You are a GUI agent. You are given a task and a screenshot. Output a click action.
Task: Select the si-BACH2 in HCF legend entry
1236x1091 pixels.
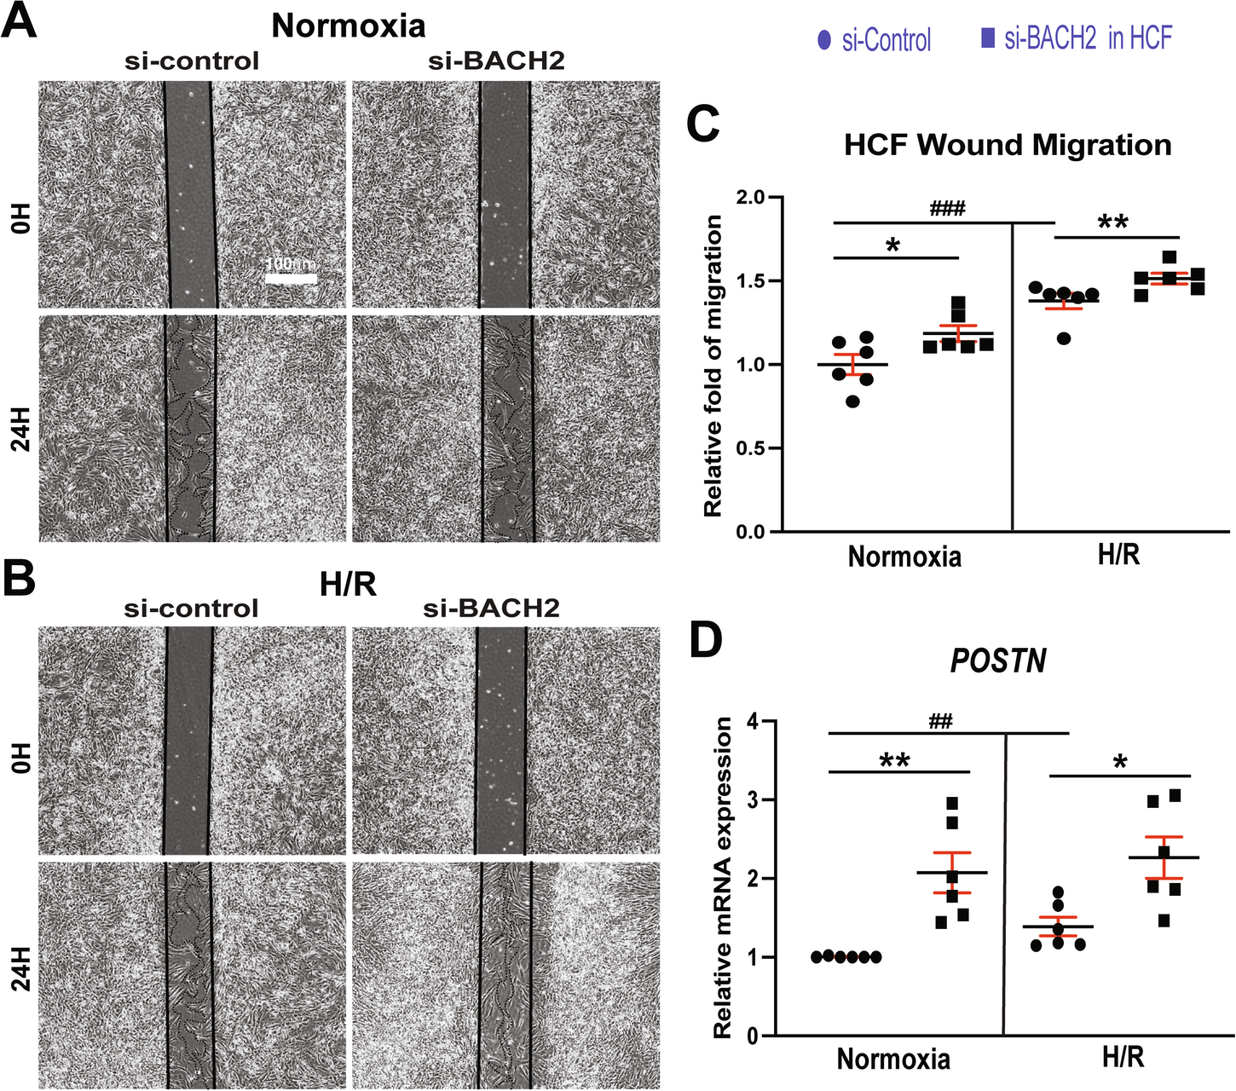(x=1077, y=38)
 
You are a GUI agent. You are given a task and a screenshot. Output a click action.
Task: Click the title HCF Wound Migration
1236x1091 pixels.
(x=1008, y=145)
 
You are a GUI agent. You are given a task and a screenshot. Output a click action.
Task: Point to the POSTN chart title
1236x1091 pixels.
(x=998, y=661)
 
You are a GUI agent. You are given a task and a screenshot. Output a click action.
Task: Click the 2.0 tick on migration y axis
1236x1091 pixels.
(x=754, y=198)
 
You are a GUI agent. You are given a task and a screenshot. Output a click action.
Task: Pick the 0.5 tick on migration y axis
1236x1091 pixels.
(x=754, y=448)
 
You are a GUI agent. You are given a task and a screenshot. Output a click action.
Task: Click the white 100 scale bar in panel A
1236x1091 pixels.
(x=290, y=278)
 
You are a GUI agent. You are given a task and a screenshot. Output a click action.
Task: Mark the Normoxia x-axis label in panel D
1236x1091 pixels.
(x=893, y=1059)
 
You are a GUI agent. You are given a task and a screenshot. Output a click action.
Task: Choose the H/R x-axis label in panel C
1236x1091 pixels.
(x=1118, y=556)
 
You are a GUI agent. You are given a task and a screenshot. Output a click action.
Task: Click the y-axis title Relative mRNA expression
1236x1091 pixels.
(x=723, y=878)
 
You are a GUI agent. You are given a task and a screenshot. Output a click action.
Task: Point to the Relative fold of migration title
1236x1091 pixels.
(x=713, y=367)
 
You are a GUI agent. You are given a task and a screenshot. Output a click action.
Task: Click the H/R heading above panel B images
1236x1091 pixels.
(x=348, y=585)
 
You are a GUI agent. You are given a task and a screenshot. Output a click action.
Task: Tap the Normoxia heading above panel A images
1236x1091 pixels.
(x=348, y=26)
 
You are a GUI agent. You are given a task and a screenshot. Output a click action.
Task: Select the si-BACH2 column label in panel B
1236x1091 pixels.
(x=492, y=609)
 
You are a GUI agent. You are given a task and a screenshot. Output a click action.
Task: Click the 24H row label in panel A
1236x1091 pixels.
(x=21, y=429)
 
